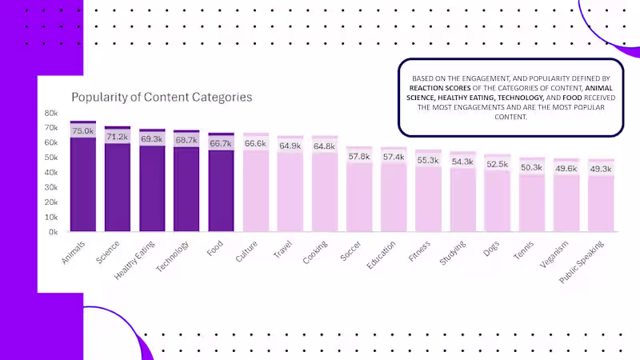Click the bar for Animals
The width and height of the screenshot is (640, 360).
click(x=83, y=184)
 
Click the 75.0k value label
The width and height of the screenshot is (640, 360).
click(x=83, y=131)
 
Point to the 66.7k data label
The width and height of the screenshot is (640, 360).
click(x=222, y=143)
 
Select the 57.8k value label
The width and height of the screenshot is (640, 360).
click(x=359, y=156)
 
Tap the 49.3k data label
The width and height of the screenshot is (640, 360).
click(x=601, y=169)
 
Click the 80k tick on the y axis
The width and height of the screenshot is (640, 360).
click(x=51, y=113)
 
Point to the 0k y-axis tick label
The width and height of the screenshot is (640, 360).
click(x=54, y=232)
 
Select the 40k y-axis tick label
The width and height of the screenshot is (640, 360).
click(x=51, y=172)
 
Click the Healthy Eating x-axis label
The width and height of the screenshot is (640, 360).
click(x=135, y=259)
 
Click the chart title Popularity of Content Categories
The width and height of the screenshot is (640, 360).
click(x=162, y=97)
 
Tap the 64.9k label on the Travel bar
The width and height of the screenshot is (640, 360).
click(x=290, y=146)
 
